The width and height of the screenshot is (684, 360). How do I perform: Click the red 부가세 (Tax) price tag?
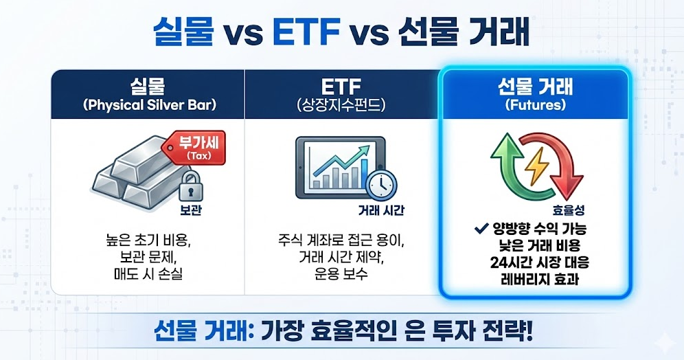pyautogui.click(x=194, y=148)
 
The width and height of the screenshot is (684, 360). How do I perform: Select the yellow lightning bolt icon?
pyautogui.click(x=536, y=166)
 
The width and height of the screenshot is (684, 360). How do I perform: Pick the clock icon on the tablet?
pyautogui.click(x=381, y=185)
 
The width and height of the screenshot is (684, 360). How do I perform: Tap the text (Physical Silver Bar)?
pyautogui.click(x=149, y=105)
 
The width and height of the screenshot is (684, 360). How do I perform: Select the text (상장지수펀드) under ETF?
pyautogui.click(x=341, y=105)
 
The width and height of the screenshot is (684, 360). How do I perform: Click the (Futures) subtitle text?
pyautogui.click(x=536, y=105)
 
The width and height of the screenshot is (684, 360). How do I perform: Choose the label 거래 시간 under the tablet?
pyautogui.click(x=381, y=210)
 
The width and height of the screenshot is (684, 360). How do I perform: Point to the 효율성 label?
pyautogui.click(x=569, y=210)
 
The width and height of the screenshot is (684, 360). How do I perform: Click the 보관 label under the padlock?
pyautogui.click(x=191, y=210)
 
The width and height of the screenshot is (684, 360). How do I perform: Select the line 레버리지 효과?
pyautogui.click(x=540, y=278)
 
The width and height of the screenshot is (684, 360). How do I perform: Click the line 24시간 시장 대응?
pyautogui.click(x=540, y=262)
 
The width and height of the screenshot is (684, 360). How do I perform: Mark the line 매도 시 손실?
pyautogui.click(x=148, y=274)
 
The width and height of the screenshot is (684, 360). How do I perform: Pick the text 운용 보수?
pyautogui.click(x=341, y=274)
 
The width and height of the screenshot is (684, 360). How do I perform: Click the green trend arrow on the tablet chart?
pyautogui.click(x=340, y=161)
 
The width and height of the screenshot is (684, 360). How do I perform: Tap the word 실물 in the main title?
pyautogui.click(x=183, y=32)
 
